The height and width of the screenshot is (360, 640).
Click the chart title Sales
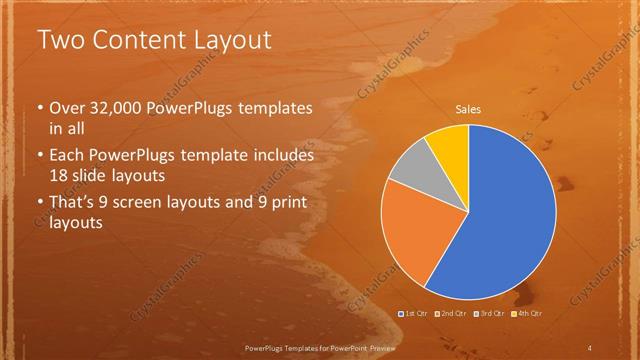tap(468, 107)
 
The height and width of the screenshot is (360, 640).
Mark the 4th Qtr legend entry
tap(526, 314)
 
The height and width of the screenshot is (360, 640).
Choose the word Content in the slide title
tap(139, 41)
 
